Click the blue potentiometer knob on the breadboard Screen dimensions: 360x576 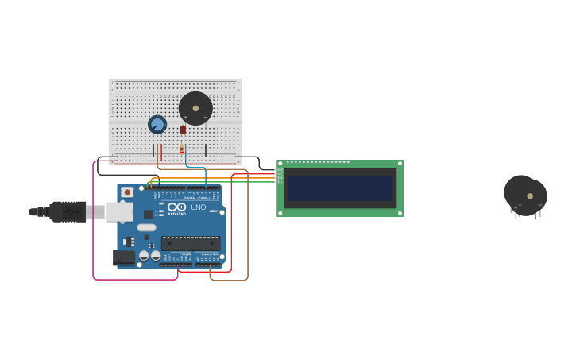click(x=157, y=124)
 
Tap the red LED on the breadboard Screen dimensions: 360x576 click(x=183, y=130)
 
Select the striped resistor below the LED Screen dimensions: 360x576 click(x=181, y=149)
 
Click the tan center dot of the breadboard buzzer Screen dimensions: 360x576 click(x=195, y=108)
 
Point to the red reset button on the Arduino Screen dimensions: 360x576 click(x=127, y=192)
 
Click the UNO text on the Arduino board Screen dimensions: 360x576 click(x=198, y=207)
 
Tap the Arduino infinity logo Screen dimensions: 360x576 click(x=176, y=207)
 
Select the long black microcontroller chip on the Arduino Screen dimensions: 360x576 click(x=191, y=243)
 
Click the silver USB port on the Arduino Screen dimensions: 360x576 click(x=120, y=211)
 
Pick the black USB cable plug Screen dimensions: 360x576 click(x=68, y=211)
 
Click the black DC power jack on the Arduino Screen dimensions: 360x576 click(x=123, y=257)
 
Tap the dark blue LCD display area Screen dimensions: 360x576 click(x=340, y=188)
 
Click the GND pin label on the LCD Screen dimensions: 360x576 click(x=280, y=169)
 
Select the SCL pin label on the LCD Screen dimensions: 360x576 click(x=280, y=182)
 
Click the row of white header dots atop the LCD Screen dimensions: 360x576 click(x=318, y=162)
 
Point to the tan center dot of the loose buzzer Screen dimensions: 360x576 click(x=530, y=195)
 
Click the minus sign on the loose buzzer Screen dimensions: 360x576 click(x=539, y=205)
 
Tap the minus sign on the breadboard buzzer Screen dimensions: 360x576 click(x=206, y=118)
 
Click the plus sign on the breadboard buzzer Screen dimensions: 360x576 click(x=186, y=118)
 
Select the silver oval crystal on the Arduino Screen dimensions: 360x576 click(x=146, y=227)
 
